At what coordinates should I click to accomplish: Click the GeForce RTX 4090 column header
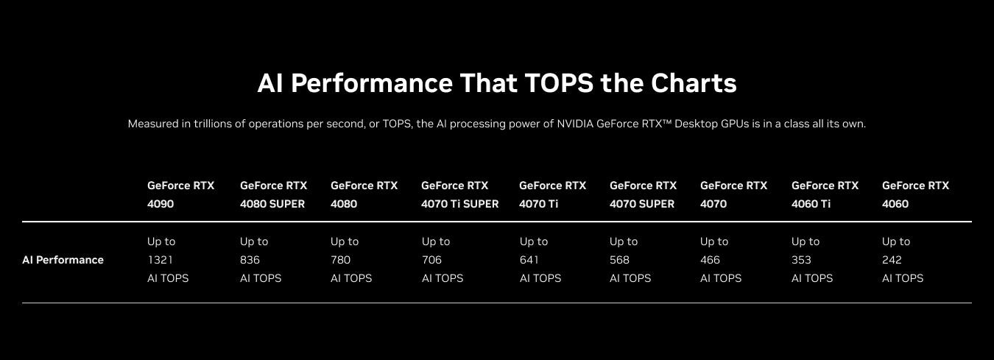click(180, 194)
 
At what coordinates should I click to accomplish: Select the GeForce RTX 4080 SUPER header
click(273, 194)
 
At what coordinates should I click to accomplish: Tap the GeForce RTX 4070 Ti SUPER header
click(459, 194)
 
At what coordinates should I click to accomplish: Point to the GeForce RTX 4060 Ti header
click(825, 194)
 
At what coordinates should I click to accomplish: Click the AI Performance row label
click(63, 260)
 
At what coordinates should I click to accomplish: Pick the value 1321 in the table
click(160, 260)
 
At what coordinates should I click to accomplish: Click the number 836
click(250, 260)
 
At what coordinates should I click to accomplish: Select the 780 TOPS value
click(340, 260)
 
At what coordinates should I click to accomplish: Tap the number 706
click(431, 260)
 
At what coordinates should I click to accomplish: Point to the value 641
click(529, 260)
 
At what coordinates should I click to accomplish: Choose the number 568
click(619, 260)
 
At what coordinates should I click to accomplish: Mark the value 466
click(710, 260)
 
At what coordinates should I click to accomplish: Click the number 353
click(801, 260)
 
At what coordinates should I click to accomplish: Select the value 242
click(892, 260)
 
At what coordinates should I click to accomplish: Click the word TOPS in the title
click(559, 83)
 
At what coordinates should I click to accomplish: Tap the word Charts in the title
click(694, 83)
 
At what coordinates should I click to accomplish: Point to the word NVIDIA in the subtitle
click(575, 124)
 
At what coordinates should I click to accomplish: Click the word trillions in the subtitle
click(214, 124)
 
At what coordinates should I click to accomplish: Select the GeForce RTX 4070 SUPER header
click(643, 194)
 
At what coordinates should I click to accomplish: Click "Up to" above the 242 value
click(896, 241)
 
